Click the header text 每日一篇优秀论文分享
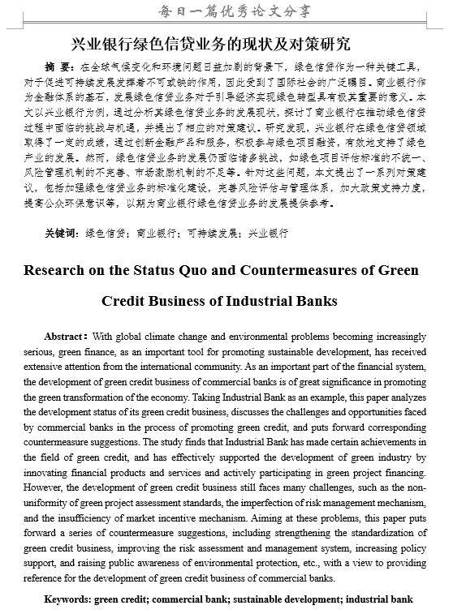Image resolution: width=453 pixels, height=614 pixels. point(226,12)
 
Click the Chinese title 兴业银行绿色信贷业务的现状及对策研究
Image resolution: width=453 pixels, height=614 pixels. point(223,44)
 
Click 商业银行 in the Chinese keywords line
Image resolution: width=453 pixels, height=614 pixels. point(156,233)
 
